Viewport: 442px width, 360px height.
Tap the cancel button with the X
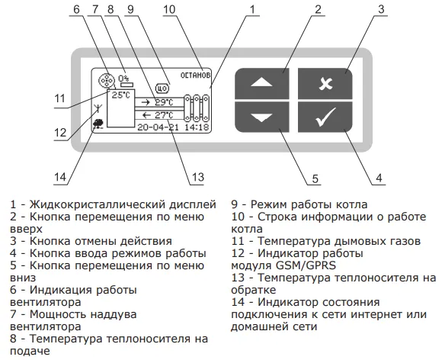click(325, 83)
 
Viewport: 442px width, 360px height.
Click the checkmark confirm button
click(325, 117)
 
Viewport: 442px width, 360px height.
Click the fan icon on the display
click(107, 80)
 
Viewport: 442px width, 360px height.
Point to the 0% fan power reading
click(123, 78)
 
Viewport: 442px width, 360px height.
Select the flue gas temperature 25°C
click(121, 95)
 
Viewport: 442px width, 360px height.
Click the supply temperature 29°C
click(164, 102)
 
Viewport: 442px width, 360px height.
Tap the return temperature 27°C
click(164, 115)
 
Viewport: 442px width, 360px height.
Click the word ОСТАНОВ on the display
click(195, 76)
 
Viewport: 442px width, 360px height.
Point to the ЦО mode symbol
click(162, 88)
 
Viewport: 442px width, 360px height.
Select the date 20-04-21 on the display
click(159, 127)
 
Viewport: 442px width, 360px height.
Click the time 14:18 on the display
click(197, 127)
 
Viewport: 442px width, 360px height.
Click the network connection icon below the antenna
click(98, 124)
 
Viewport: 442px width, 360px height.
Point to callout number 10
click(169, 9)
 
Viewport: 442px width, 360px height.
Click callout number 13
click(197, 177)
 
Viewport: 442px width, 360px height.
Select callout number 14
click(60, 177)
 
